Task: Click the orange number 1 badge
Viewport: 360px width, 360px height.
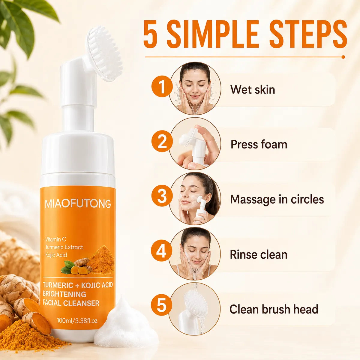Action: pos(162,86)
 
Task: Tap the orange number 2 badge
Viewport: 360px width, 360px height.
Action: pos(162,141)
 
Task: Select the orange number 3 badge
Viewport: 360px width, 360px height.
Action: pos(162,196)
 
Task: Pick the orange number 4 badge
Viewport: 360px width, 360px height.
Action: pos(162,250)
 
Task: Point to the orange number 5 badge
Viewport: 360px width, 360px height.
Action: pos(162,305)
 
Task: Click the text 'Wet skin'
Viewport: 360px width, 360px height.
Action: pos(253,89)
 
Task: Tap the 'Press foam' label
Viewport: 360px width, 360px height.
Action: pos(259,145)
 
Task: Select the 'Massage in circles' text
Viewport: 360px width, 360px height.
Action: pos(277,199)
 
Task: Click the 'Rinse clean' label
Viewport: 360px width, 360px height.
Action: pos(259,254)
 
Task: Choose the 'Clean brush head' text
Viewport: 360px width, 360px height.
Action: pos(274,309)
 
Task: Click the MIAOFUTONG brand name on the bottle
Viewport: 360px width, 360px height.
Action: pos(78,204)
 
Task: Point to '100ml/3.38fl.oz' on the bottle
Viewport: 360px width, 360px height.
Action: pos(77,321)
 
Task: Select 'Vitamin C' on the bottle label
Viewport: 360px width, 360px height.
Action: pos(55,239)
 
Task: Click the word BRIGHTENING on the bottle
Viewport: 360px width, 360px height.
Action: pos(64,294)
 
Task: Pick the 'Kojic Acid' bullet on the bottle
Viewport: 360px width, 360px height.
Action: pos(56,255)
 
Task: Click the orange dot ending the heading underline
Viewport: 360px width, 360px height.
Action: pos(343,57)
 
